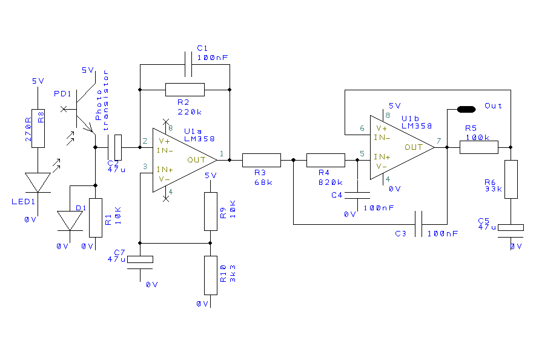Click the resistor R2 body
tap(185, 90)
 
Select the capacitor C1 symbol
tap(188, 62)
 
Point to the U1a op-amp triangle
tap(182, 160)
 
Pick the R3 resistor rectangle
tap(262, 160)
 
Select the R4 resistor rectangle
tap(325, 160)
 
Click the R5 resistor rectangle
tap(478, 147)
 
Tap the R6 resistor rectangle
tap(511, 179)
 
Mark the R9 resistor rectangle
tap(210, 212)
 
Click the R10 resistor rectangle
tap(210, 274)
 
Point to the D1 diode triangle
tap(70, 220)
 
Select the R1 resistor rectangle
tap(95, 218)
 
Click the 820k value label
tap(331, 182)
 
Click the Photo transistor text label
tap(102, 101)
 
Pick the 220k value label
tap(190, 112)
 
